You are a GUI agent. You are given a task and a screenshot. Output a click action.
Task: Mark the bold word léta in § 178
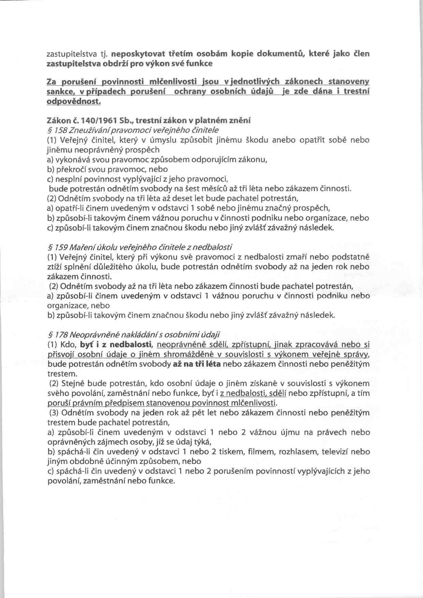coord(211,364)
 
